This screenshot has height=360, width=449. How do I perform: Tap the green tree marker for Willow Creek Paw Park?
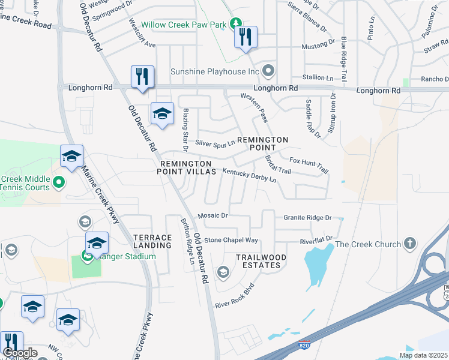pyautogui.click(x=237, y=23)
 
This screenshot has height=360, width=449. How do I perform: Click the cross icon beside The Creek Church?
pyautogui.click(x=410, y=244)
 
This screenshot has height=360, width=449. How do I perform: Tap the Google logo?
pyautogui.click(x=20, y=353)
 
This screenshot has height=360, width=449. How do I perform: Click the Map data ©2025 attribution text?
pyautogui.click(x=423, y=355)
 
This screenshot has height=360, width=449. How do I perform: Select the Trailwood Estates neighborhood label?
pyautogui.click(x=258, y=260)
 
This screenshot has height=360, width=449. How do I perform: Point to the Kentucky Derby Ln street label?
pyautogui.click(x=249, y=175)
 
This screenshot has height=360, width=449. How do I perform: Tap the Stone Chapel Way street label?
pyautogui.click(x=231, y=240)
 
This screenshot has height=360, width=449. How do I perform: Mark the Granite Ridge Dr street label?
pyautogui.click(x=308, y=217)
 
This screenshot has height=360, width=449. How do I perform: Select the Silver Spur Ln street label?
pyautogui.click(x=215, y=143)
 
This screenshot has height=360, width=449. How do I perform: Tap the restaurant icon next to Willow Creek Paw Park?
pyautogui.click(x=246, y=38)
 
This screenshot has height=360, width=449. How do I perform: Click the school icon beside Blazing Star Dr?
pyautogui.click(x=162, y=113)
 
